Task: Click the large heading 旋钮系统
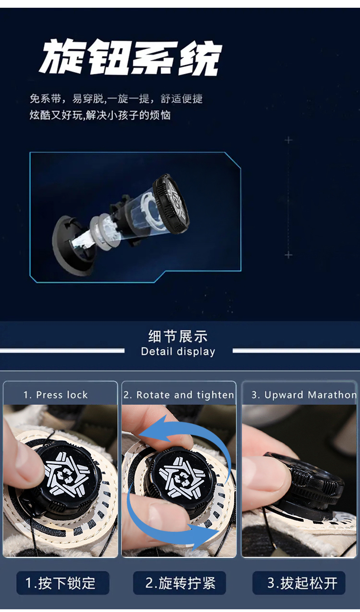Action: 130,57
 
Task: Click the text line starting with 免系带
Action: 116,98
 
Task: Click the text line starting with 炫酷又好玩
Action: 100,115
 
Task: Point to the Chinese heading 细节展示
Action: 178,336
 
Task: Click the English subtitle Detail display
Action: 178,351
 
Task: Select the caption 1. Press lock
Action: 56,395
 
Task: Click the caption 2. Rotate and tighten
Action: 179,395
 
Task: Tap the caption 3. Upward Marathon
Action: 304,395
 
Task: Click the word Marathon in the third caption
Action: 332,395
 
